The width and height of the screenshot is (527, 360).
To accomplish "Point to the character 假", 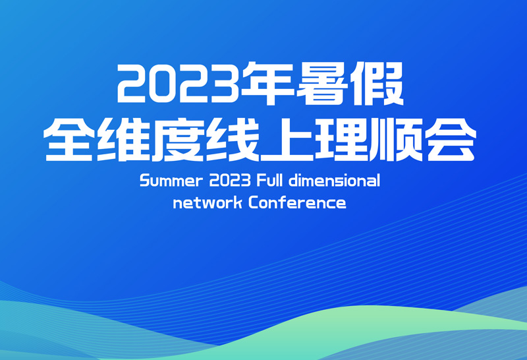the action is pos(376,83).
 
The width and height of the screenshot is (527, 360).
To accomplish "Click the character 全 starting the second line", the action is pos(70,139).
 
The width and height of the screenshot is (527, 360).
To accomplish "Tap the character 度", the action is pos(178,139).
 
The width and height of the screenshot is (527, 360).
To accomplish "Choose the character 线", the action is pos(233,139).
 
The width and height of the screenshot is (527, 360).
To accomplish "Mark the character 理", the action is pos(341,139).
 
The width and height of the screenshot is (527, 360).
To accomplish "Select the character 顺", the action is pos(396,139).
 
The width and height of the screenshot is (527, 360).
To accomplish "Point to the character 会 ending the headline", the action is pos(451,139).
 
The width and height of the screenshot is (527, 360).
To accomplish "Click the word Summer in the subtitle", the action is pos(171,181).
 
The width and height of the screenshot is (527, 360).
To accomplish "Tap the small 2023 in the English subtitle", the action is pos(230,181).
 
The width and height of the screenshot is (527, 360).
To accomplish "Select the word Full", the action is pos(269,181).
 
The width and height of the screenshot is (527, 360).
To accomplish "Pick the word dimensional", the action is pos(335,181).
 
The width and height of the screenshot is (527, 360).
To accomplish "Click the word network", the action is pos(208,202).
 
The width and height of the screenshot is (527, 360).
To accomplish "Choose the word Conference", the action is pos(298,202).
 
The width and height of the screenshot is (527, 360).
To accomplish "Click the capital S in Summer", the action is pos(145,181).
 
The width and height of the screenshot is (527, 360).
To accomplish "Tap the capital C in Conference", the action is pos(254,203).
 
